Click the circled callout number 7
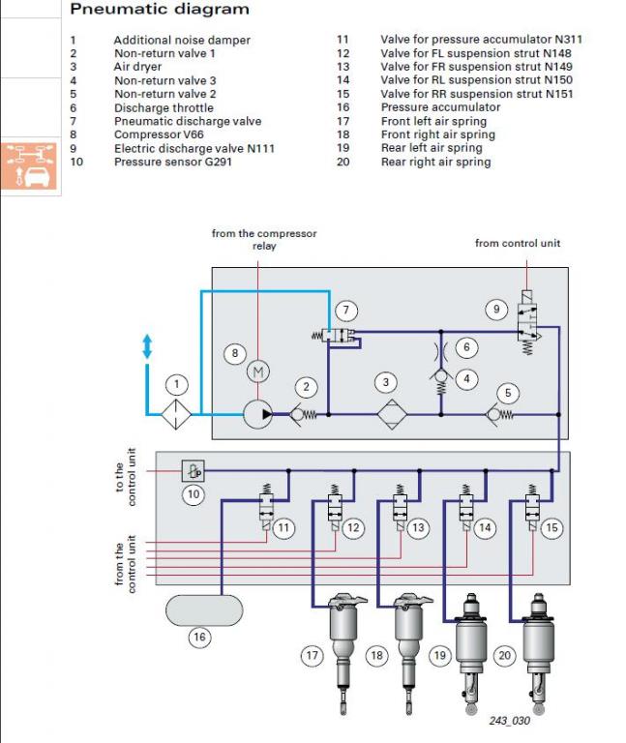point(346,311)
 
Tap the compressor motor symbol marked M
point(258,372)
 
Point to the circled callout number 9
point(496,310)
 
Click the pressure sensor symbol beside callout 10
point(194,471)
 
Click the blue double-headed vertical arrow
point(147,346)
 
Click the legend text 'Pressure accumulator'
point(440,107)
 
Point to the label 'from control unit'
point(518,243)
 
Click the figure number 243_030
point(509,720)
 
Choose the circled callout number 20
point(504,656)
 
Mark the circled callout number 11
point(283,528)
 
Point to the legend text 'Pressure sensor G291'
point(172,162)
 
